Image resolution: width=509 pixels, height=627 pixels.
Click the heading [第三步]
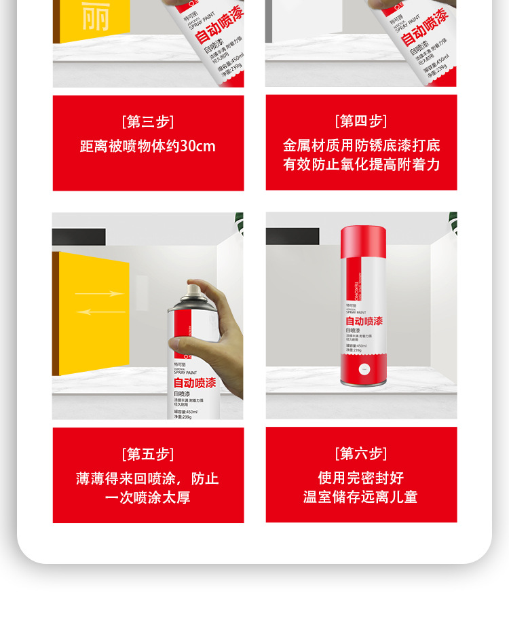tap(148, 122)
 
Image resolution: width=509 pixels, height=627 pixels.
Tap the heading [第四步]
tap(361, 121)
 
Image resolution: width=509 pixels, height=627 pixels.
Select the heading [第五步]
tap(148, 455)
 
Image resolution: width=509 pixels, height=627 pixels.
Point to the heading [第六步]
tap(361, 454)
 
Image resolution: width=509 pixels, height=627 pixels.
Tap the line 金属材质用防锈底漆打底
tap(361, 146)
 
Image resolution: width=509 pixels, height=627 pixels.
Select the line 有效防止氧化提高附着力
tap(361, 165)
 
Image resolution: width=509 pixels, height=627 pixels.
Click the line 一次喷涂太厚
tap(148, 498)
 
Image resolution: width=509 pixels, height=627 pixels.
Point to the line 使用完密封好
tap(361, 478)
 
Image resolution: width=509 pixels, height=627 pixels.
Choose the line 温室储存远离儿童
tap(361, 497)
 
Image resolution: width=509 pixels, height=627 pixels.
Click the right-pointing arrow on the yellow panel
tap(100, 294)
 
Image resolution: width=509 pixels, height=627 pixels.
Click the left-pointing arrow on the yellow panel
tap(100, 312)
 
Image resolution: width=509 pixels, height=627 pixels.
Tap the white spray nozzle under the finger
tap(193, 290)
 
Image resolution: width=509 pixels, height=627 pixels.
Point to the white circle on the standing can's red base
tap(363, 370)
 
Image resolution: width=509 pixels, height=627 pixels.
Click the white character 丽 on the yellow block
tap(95, 16)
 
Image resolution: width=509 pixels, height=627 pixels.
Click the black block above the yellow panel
tap(79, 237)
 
